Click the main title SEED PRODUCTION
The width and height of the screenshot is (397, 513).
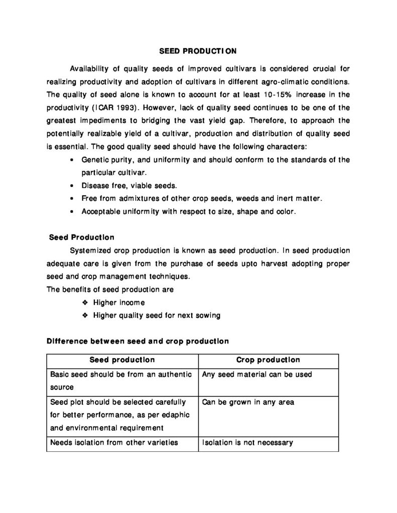pyautogui.click(x=198, y=51)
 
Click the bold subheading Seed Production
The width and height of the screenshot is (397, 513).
pyautogui.click(x=82, y=237)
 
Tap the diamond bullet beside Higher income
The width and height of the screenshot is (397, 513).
pyautogui.click(x=85, y=303)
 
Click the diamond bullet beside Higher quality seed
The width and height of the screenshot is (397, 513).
pyautogui.click(x=85, y=316)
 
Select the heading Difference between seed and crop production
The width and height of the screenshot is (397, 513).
pyautogui.click(x=138, y=341)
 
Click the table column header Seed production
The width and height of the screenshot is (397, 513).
pyautogui.click(x=122, y=360)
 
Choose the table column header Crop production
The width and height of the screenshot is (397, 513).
pyautogui.click(x=268, y=360)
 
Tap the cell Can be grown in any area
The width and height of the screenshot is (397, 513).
pyautogui.click(x=248, y=402)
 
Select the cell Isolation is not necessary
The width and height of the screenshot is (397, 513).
pyautogui.click(x=247, y=443)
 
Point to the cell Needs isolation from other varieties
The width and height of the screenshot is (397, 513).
pyautogui.click(x=114, y=443)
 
